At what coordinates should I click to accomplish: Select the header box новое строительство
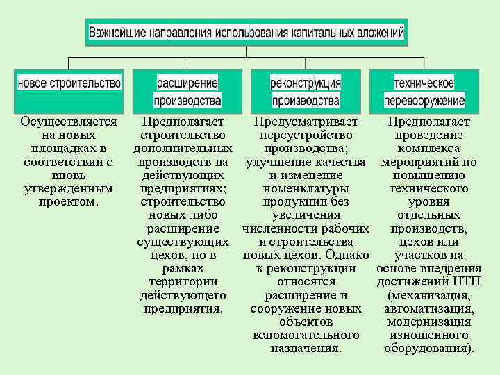[x=69, y=83]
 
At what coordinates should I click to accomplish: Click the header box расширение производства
[x=187, y=92]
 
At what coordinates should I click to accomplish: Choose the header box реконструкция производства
[x=306, y=92]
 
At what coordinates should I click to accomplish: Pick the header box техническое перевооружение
[x=424, y=92]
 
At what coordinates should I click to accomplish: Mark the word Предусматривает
[x=306, y=122]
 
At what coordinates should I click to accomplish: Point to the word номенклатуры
[x=306, y=188]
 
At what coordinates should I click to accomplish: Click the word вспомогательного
[x=306, y=335]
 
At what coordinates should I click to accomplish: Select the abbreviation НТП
[x=465, y=281]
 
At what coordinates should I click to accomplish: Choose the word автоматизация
[x=429, y=308]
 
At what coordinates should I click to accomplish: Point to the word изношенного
[x=429, y=335]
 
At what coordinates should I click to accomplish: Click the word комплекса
[x=429, y=149]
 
